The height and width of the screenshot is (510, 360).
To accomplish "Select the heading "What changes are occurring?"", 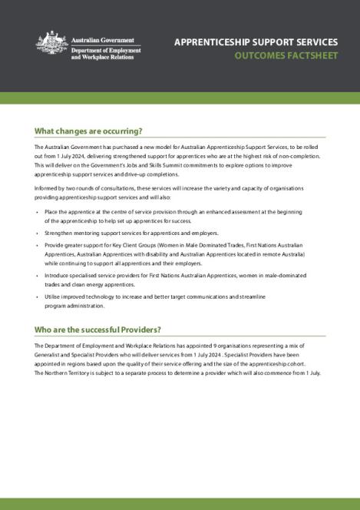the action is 89,131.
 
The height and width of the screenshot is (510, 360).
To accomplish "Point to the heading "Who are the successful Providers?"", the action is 97,330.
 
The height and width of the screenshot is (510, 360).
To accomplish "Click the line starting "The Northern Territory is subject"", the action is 177,373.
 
